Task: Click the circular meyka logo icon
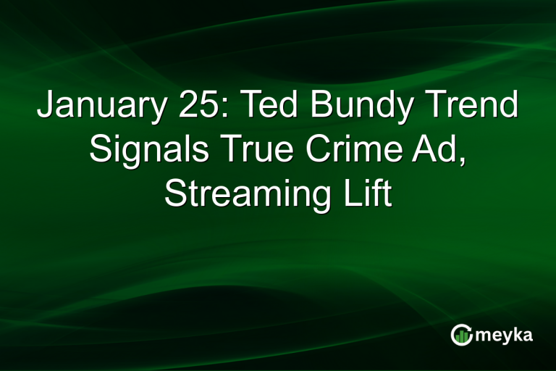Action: tap(462, 334)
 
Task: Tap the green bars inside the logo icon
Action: tap(463, 335)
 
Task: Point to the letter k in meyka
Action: tap(518, 333)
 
